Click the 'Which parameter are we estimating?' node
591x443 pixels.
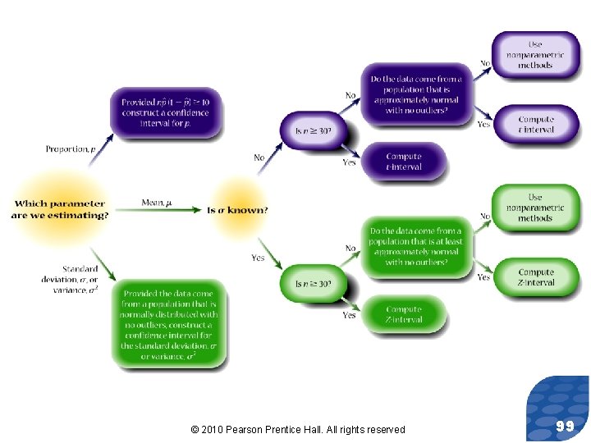(60, 209)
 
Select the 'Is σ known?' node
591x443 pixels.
(237, 210)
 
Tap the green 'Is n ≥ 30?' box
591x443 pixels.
(313, 284)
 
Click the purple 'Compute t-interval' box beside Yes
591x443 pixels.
(403, 162)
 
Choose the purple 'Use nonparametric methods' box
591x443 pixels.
(535, 54)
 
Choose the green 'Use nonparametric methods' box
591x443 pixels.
(535, 208)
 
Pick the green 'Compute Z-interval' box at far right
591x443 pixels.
(536, 277)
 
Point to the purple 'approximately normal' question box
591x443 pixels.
(415, 94)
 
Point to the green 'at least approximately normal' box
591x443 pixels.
(415, 246)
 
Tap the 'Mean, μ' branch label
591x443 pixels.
(157, 203)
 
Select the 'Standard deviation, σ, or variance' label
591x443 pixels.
(80, 279)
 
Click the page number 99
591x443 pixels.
(564, 426)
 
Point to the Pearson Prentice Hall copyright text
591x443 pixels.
(297, 429)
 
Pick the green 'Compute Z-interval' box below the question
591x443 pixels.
(403, 314)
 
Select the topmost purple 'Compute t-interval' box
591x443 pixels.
(536, 125)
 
